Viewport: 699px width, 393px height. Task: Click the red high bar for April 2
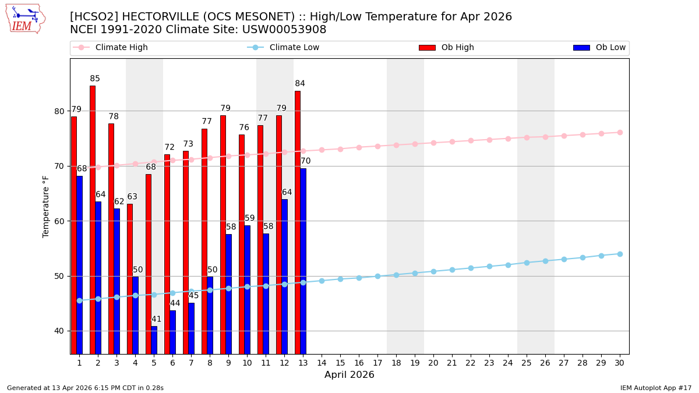click(93, 219)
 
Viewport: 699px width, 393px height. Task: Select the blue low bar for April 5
click(154, 340)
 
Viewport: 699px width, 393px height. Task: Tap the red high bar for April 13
click(298, 222)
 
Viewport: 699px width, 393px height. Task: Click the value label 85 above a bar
click(95, 79)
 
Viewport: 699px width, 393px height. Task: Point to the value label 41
click(156, 319)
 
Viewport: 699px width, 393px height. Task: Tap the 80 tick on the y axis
click(59, 111)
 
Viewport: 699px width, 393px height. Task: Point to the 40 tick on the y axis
click(59, 331)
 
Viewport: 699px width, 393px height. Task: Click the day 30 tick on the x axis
click(620, 363)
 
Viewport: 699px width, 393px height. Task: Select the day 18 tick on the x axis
click(396, 363)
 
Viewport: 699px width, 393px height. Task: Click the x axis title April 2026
click(349, 375)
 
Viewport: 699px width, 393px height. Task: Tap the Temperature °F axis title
click(47, 206)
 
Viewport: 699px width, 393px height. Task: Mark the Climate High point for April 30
click(620, 132)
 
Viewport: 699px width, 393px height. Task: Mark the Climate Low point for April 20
click(433, 271)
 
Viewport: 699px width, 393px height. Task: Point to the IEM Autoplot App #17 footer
click(655, 388)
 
